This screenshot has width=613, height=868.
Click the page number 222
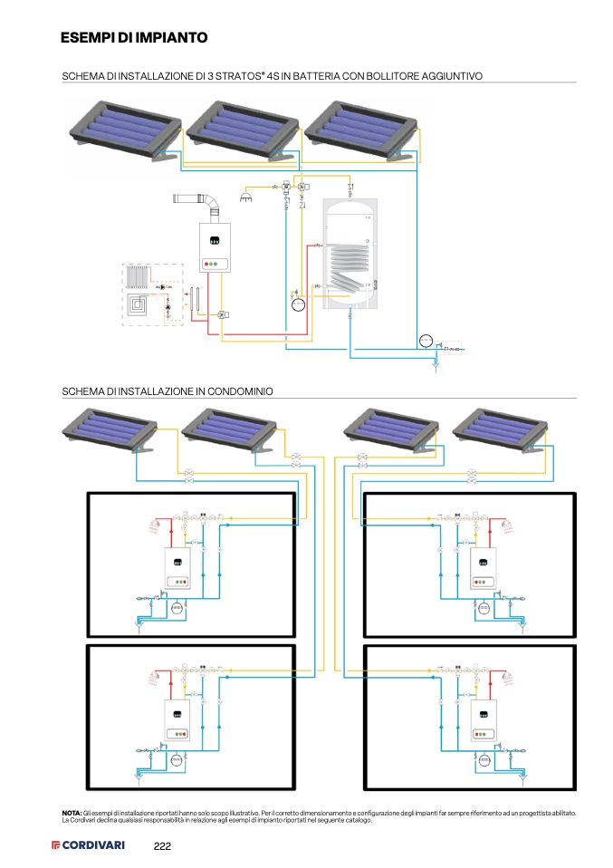pyautogui.click(x=162, y=845)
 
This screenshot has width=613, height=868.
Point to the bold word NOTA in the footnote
pyautogui.click(x=71, y=814)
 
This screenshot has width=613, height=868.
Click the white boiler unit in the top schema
pyautogui.click(x=215, y=249)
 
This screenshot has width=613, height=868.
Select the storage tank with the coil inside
pyautogui.click(x=350, y=256)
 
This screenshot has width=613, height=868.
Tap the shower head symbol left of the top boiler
pyautogui.click(x=247, y=193)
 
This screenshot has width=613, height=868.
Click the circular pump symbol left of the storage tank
pyautogui.click(x=298, y=304)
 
